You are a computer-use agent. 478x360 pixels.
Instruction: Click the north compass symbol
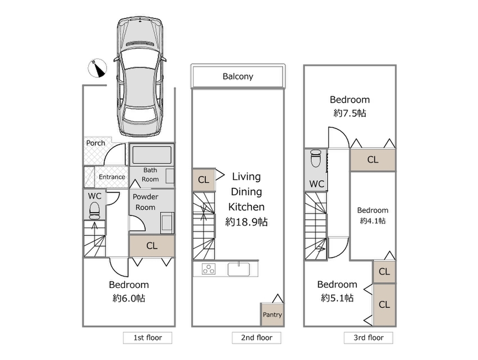97,68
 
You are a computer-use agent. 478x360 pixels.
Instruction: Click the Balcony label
238,76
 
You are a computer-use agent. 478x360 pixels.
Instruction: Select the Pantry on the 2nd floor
272,315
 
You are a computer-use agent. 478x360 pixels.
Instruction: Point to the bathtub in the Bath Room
152,155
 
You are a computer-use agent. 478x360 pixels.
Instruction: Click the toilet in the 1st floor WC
94,211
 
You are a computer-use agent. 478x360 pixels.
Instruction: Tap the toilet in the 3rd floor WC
316,158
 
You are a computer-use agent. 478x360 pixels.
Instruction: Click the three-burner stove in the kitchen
209,269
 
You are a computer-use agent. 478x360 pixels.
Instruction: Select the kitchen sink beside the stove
239,269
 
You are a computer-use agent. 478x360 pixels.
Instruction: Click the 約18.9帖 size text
246,222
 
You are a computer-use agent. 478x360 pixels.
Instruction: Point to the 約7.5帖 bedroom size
350,113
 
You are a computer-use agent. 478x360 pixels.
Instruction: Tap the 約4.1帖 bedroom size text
372,220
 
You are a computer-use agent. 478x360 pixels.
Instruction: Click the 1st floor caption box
147,338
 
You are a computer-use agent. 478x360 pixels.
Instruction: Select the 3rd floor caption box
368,338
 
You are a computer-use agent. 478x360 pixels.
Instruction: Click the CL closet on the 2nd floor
204,180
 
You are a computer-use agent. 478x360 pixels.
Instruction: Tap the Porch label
95,143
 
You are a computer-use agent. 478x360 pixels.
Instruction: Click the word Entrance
112,177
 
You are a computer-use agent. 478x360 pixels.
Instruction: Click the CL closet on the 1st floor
152,246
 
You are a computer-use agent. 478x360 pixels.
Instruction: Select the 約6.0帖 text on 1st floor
129,298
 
